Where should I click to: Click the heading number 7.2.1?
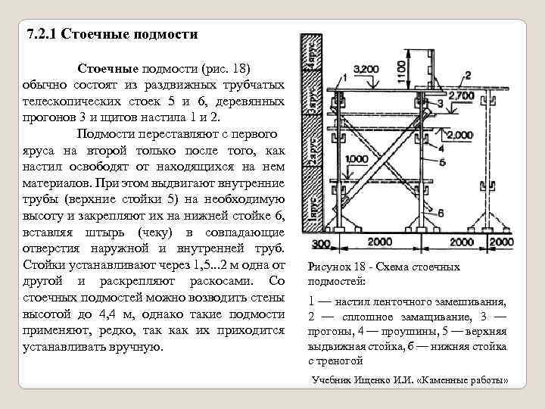coord(41,34)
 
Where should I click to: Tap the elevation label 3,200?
coord(366,70)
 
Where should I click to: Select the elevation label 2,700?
coord(462,95)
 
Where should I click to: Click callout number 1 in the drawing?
coord(344,77)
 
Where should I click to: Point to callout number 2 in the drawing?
coord(468,74)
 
